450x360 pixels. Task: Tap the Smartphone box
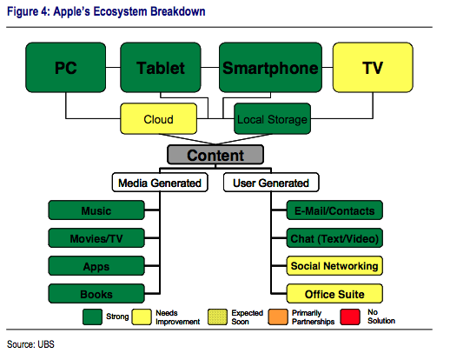click(x=269, y=67)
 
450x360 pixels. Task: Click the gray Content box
click(x=216, y=156)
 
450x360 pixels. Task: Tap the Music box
click(x=96, y=210)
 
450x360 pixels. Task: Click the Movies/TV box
click(x=96, y=238)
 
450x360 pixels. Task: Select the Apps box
click(x=96, y=266)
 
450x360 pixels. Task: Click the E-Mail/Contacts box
click(x=334, y=210)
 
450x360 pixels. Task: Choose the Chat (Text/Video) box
click(x=334, y=238)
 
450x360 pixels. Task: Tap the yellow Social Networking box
click(x=334, y=266)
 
